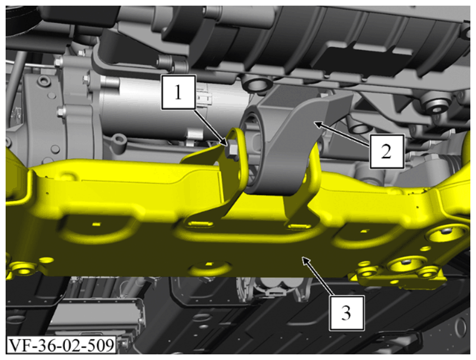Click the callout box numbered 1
pos(179,92)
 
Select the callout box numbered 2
pos(387,152)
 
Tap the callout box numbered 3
pos(347,312)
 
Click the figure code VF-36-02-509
pos(61,345)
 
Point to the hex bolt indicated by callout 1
pos(233,150)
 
